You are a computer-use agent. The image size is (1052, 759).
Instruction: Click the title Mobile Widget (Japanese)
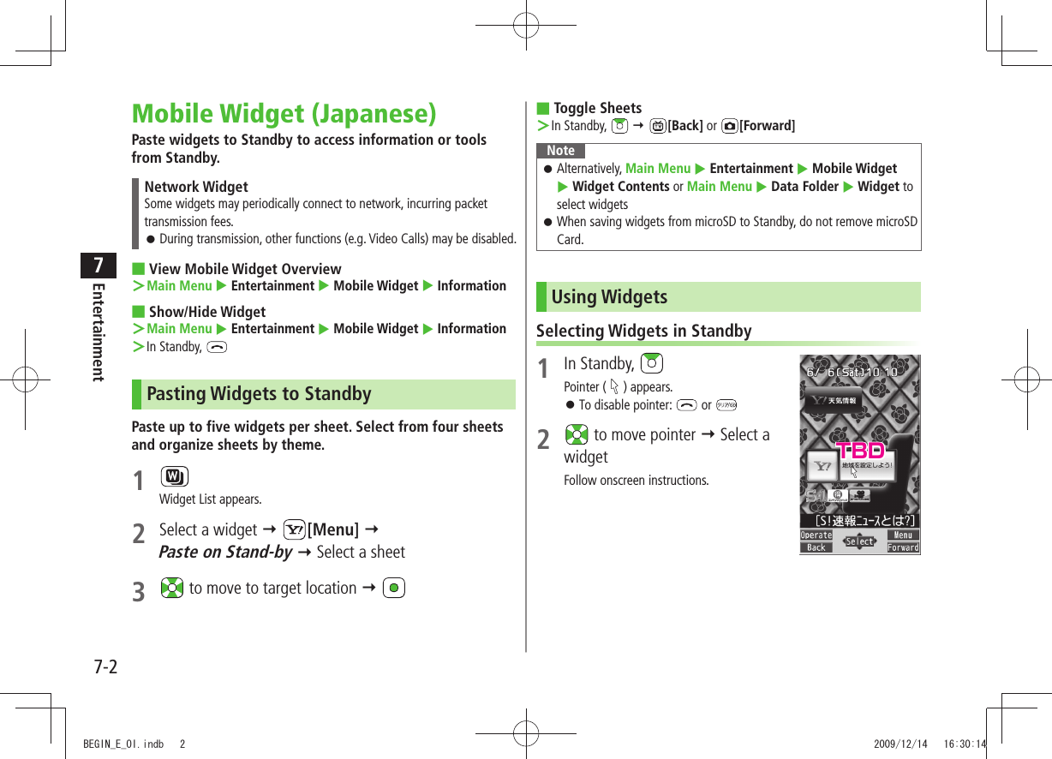click(x=284, y=113)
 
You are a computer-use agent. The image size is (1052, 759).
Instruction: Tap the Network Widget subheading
click(x=196, y=187)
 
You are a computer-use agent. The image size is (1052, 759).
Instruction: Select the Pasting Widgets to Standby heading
click(x=259, y=394)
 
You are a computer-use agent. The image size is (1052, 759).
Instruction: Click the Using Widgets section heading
click(x=609, y=297)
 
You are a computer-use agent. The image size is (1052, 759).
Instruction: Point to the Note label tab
click(x=560, y=151)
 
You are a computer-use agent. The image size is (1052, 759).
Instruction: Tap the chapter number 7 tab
click(x=99, y=264)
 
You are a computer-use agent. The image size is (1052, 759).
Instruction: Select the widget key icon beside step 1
click(x=174, y=477)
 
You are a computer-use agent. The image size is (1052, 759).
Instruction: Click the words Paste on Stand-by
click(x=225, y=552)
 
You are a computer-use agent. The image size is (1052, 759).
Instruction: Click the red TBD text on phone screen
click(x=859, y=451)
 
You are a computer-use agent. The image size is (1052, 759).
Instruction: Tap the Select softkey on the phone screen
click(x=859, y=541)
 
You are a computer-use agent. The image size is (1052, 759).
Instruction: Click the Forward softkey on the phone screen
click(x=902, y=547)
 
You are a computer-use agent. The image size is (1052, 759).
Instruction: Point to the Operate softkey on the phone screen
click(x=816, y=535)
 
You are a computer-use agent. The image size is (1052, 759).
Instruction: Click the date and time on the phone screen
click(x=852, y=372)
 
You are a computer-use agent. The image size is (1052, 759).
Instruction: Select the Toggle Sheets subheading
click(x=597, y=108)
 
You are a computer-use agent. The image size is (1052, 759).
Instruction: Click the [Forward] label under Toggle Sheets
click(x=767, y=126)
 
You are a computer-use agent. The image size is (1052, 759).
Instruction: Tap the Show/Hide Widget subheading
click(x=206, y=312)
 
